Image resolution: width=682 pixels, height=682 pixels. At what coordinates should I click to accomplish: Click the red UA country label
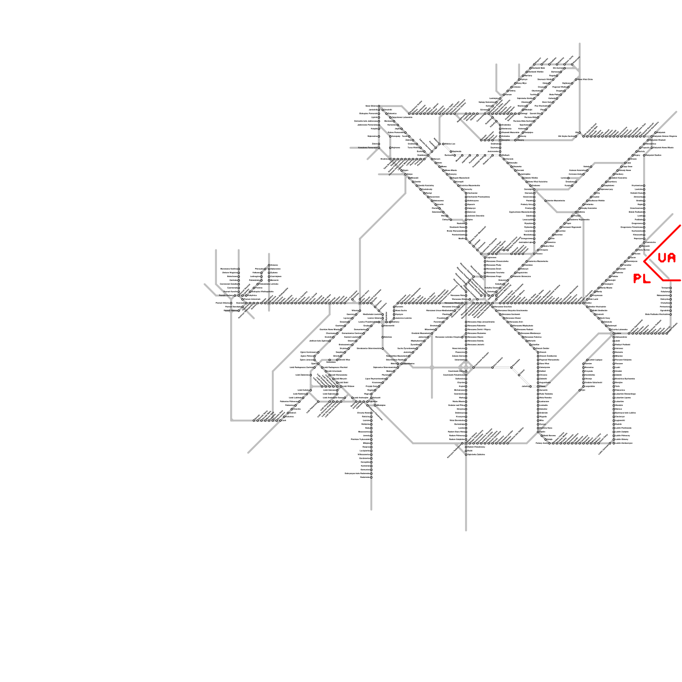click(667, 258)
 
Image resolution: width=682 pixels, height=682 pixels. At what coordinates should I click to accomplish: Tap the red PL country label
click(642, 279)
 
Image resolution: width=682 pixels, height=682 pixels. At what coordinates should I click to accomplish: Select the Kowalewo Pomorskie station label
click(367, 147)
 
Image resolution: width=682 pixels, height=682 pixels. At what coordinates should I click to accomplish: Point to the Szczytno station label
click(506, 140)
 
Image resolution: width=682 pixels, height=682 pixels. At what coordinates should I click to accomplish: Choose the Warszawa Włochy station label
click(452, 303)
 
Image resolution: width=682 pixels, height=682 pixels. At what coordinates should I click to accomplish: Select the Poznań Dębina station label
click(230, 311)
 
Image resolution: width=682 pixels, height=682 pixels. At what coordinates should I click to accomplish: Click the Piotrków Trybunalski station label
click(360, 439)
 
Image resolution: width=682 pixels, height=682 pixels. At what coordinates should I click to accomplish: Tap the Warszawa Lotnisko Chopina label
click(448, 337)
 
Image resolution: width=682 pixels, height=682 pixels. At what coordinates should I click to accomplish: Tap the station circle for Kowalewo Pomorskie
click(379, 147)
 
